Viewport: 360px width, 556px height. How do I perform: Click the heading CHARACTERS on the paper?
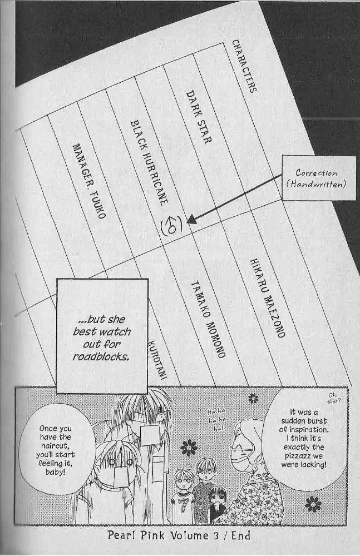244,66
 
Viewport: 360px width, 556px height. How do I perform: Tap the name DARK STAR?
199,117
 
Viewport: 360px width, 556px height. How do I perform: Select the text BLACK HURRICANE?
148,163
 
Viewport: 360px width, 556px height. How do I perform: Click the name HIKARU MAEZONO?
267,298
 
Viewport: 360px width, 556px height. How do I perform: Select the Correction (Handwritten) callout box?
319,178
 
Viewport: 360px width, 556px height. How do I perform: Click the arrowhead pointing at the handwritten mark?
191,220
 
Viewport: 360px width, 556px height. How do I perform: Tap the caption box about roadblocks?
102,336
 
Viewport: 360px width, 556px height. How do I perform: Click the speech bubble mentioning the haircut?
56,450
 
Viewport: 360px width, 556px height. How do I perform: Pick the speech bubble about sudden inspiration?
304,438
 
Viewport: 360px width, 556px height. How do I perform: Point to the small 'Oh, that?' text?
334,399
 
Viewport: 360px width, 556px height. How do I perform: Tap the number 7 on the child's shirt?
183,505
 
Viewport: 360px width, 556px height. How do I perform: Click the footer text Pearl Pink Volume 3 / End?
179,535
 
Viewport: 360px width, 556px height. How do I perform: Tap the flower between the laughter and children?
189,448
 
